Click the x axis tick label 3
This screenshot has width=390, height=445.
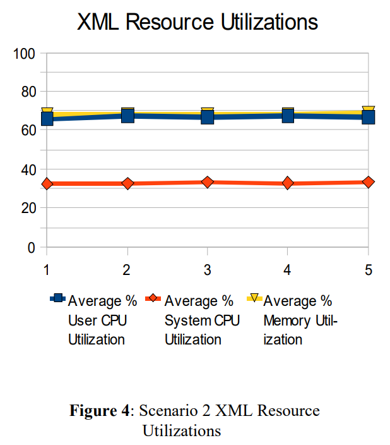tap(207, 270)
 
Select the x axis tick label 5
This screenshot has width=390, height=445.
tap(369, 270)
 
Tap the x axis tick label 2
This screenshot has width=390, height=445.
tap(126, 270)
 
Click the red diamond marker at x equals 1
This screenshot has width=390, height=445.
tap(47, 183)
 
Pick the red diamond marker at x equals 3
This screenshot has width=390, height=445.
tap(208, 182)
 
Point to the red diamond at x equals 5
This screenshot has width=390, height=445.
tap(369, 182)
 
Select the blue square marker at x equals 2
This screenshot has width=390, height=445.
tap(127, 116)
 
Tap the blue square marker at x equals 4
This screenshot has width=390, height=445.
tap(288, 116)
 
